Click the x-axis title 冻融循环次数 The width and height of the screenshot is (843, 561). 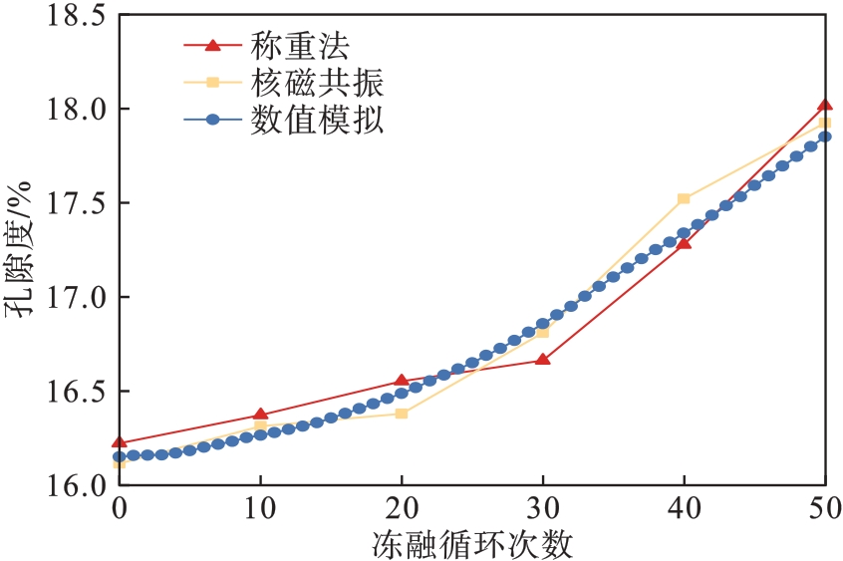click(472, 543)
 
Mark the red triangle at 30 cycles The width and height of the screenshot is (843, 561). click(542, 359)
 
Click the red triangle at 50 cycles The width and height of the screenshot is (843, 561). click(824, 105)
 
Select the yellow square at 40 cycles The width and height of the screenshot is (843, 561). click(684, 198)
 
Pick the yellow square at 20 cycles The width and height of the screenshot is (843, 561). click(402, 413)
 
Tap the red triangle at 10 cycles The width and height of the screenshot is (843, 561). click(260, 414)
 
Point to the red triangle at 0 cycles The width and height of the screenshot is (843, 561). click(120, 441)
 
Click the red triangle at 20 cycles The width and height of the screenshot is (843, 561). click(402, 380)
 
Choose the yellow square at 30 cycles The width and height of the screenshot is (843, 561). click(542, 332)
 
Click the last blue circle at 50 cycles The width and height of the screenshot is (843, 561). click(825, 137)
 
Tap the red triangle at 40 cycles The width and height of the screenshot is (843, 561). click(684, 242)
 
